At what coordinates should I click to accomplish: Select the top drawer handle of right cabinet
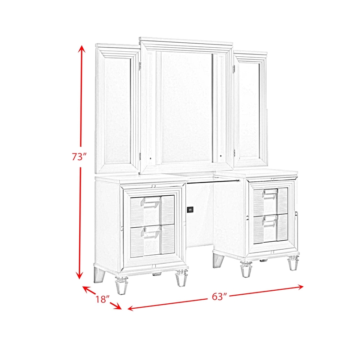coord(270,192)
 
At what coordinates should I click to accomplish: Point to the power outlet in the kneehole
coord(190,209)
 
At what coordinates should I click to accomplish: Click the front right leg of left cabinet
coord(181,279)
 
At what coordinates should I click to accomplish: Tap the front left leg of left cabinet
coord(121,285)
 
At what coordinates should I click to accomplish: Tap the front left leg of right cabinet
coord(246,270)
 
